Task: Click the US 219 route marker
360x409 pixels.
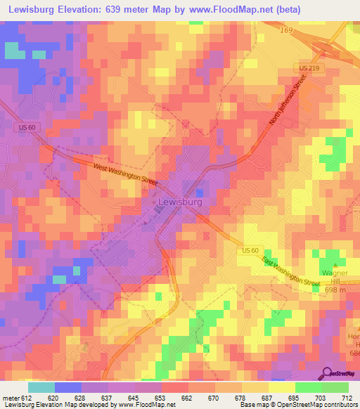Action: click(305, 66)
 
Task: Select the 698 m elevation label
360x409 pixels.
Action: click(335, 290)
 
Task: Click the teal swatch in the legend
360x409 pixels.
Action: click(41, 387)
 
